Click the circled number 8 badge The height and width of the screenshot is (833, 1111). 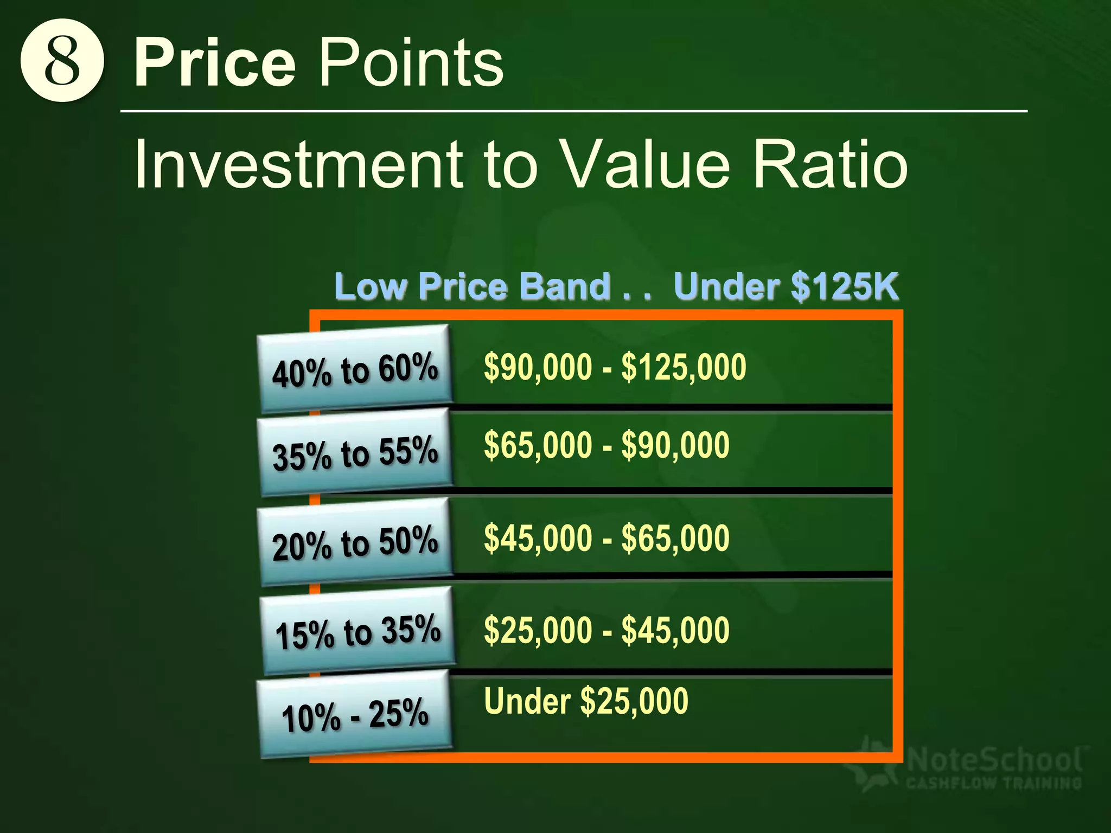[x=62, y=61]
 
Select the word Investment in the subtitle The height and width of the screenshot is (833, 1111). [x=298, y=164]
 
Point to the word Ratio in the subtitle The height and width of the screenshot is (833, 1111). [x=830, y=164]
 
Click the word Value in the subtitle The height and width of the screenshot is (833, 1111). [x=645, y=164]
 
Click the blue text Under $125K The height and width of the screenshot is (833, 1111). [x=786, y=286]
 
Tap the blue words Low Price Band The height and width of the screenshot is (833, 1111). [x=473, y=286]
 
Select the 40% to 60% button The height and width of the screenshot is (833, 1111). [x=355, y=369]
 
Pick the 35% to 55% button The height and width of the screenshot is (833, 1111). [x=355, y=452]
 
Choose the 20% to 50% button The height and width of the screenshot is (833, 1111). [x=355, y=542]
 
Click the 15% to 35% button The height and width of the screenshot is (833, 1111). [x=357, y=631]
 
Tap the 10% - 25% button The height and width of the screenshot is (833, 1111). [x=355, y=714]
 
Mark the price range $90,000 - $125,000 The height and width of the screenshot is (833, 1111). [x=615, y=367]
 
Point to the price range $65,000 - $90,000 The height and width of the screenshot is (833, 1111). [x=606, y=445]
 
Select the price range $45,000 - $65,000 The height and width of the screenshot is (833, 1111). [x=606, y=538]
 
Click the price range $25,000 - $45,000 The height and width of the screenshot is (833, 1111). [x=606, y=630]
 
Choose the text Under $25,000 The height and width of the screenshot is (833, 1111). [x=586, y=701]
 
